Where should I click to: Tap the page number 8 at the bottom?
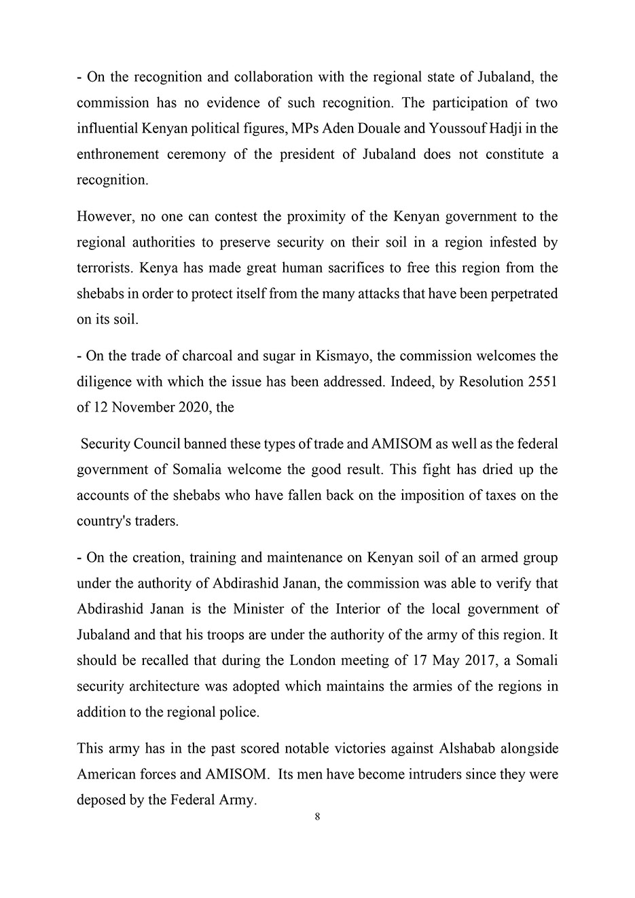318,817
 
